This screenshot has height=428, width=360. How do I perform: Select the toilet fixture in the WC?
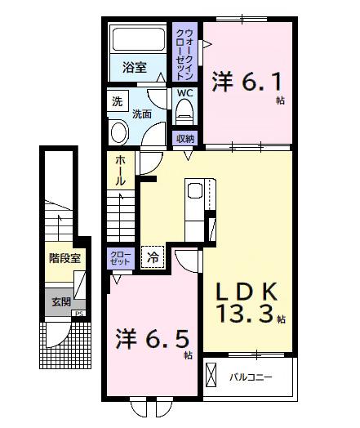point(186,113)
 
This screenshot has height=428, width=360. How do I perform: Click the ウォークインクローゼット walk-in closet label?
point(186,51)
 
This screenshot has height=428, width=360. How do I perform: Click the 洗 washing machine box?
point(117,104)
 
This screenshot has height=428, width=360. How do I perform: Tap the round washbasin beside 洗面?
point(119,132)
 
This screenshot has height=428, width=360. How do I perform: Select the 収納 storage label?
point(185,138)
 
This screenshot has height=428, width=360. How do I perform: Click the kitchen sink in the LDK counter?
point(196,193)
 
